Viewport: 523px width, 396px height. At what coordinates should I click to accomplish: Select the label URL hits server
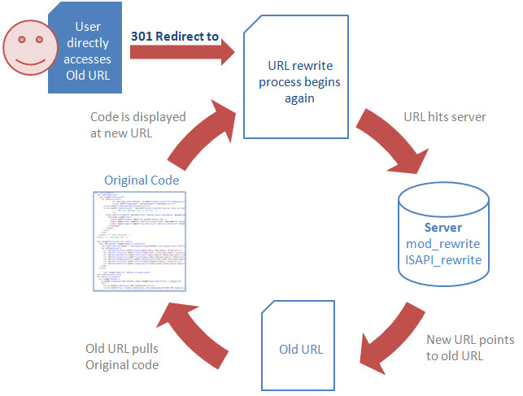pos(445,116)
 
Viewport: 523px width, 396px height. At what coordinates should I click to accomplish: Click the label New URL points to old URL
pos(470,347)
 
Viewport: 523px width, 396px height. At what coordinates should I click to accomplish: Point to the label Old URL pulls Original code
pos(122,357)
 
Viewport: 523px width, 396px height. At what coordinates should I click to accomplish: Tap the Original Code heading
pos(141,180)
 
